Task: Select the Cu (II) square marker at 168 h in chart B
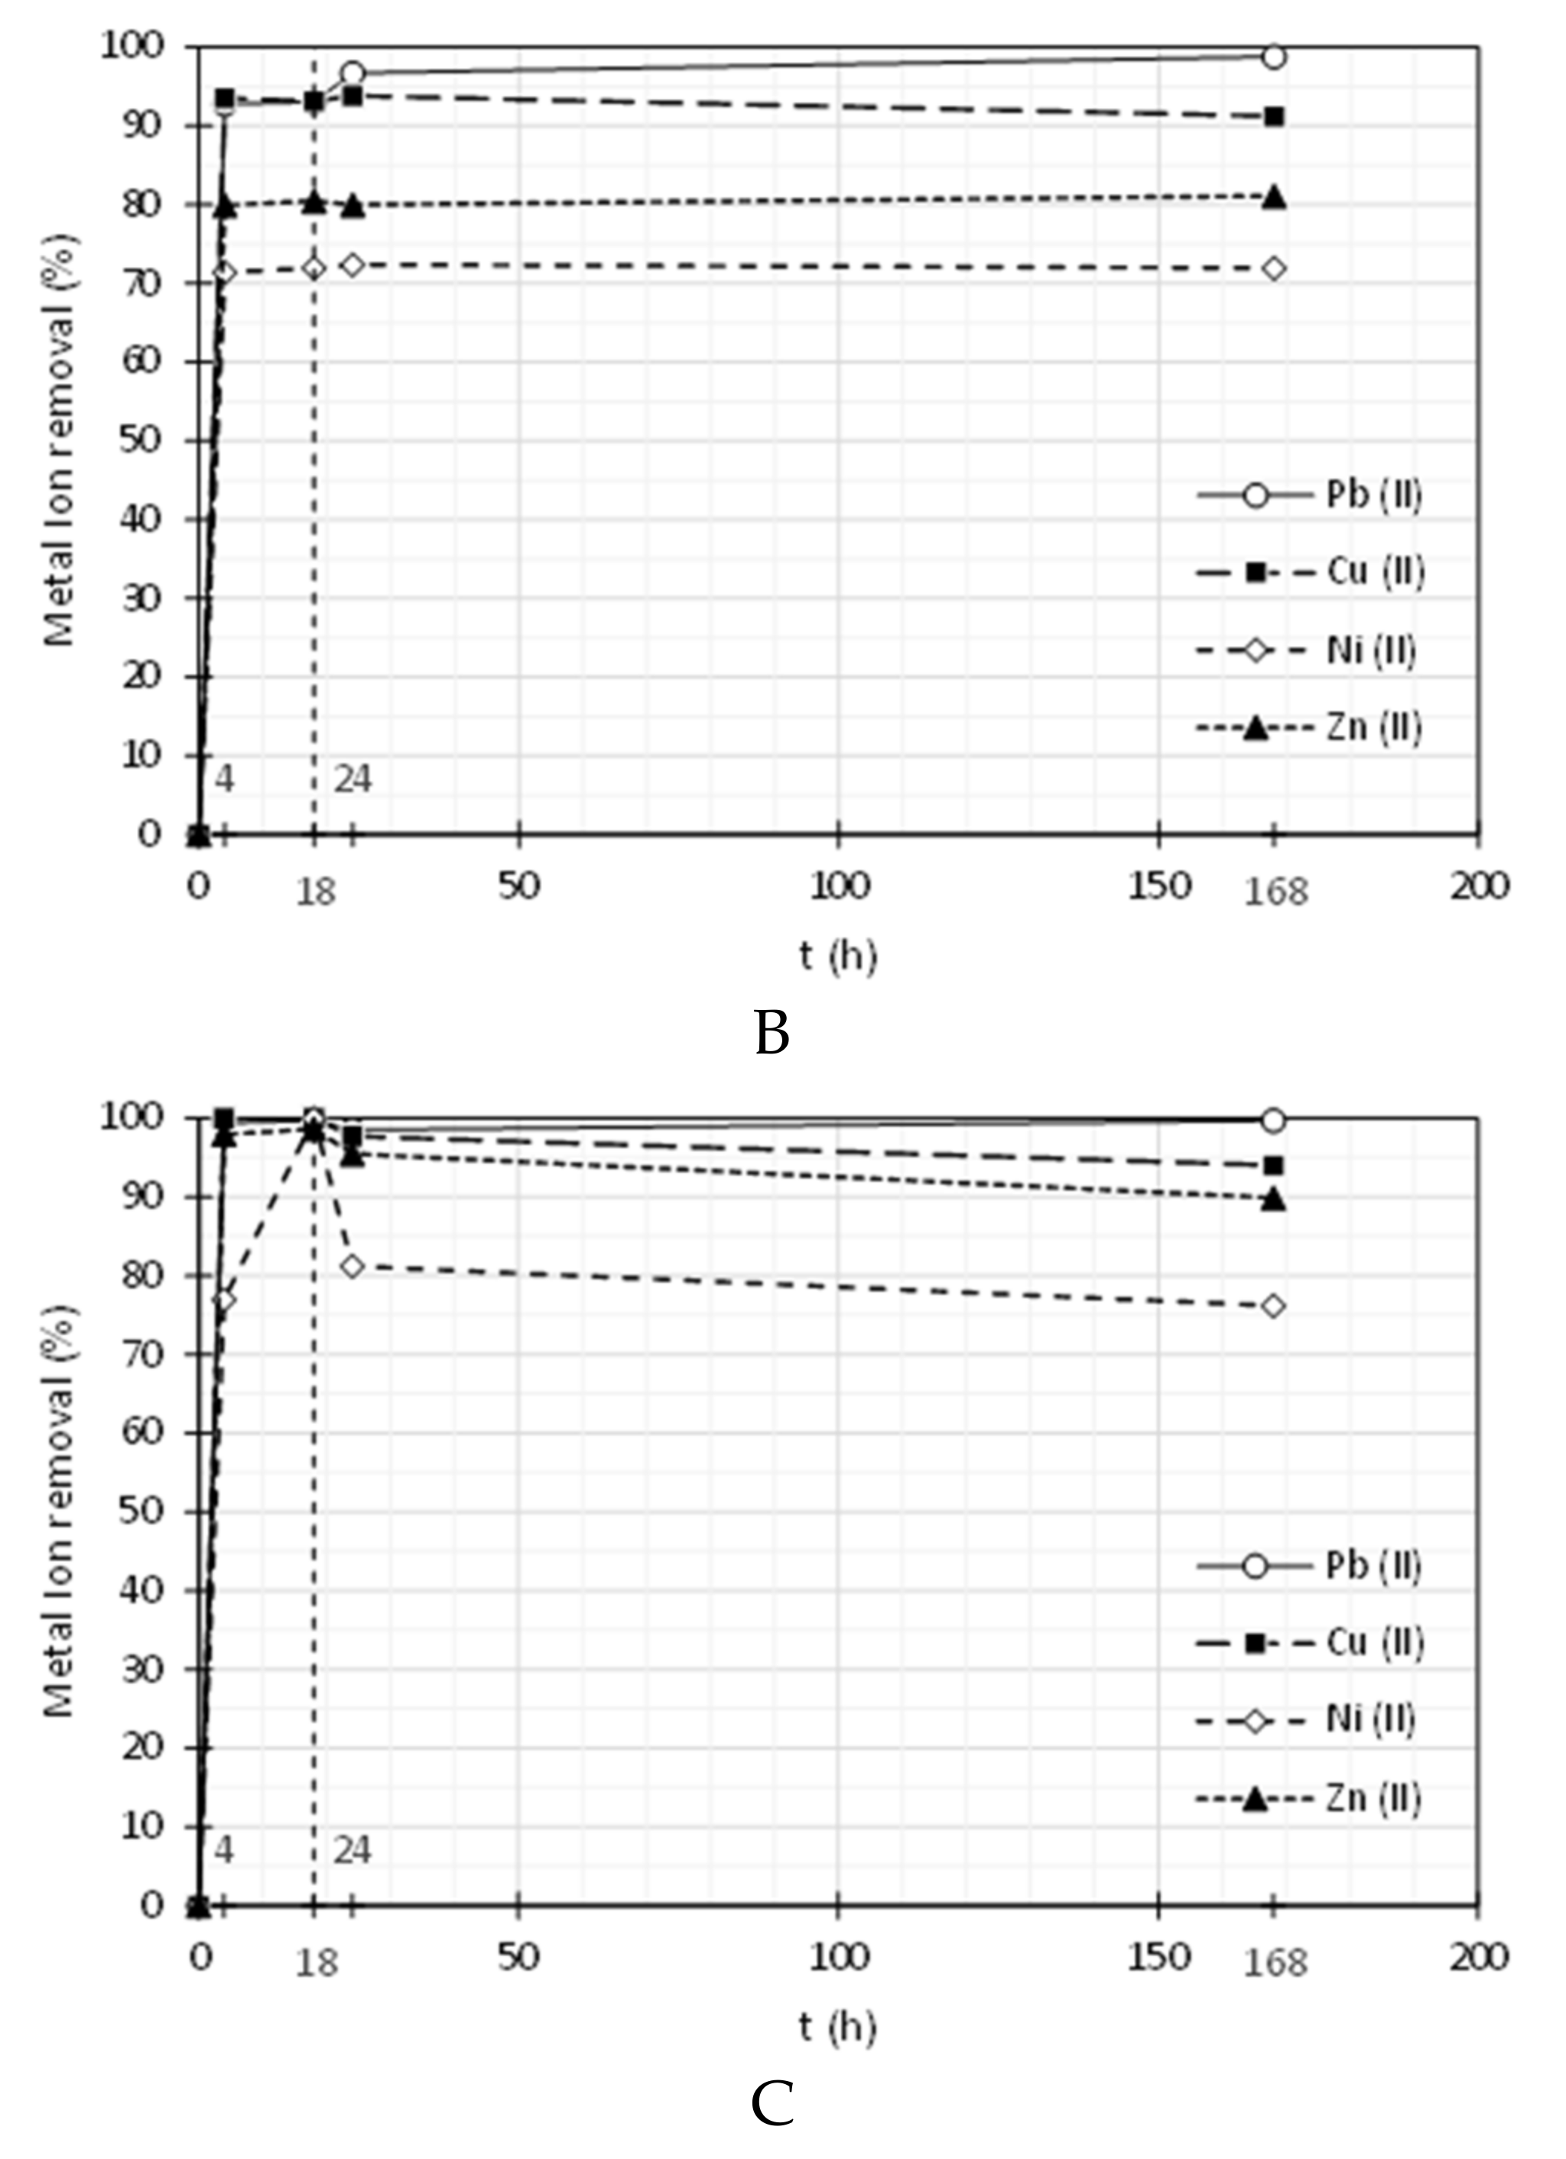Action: pyautogui.click(x=1274, y=116)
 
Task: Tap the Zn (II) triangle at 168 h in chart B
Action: pyautogui.click(x=1274, y=198)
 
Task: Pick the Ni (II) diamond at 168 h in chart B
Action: pyautogui.click(x=1274, y=268)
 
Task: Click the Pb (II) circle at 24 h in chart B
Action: pyautogui.click(x=353, y=73)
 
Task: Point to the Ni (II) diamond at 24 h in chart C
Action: pyautogui.click(x=353, y=1266)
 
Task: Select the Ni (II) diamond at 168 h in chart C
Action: pyautogui.click(x=1274, y=1306)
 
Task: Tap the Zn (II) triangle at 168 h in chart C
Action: pyautogui.click(x=1274, y=1200)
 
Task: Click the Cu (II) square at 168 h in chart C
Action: pyautogui.click(x=1274, y=1165)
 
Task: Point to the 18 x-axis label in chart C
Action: pyautogui.click(x=316, y=1962)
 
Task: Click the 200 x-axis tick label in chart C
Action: pyautogui.click(x=1480, y=1956)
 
